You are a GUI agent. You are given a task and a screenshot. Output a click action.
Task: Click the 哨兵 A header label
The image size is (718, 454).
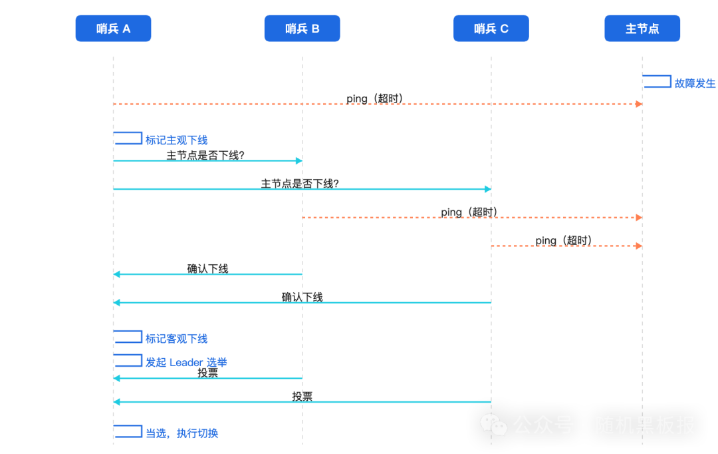click(x=114, y=29)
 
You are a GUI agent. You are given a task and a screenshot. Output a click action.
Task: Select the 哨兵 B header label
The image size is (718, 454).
click(x=302, y=29)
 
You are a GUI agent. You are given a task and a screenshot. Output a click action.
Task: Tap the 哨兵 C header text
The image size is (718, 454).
click(x=491, y=29)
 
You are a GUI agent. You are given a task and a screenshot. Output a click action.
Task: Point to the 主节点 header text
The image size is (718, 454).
click(x=642, y=29)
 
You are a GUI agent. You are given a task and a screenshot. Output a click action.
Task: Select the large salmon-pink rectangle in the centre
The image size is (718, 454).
click(x=372, y=260)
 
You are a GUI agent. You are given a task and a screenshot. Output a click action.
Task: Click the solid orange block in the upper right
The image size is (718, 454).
click(x=566, y=117)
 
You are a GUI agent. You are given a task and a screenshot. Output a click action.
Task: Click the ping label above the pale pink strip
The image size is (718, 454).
click(x=563, y=240)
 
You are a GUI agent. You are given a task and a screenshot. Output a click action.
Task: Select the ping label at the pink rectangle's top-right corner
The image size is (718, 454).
click(x=469, y=212)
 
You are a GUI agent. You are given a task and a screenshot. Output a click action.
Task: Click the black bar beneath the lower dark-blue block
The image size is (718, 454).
click(x=253, y=372)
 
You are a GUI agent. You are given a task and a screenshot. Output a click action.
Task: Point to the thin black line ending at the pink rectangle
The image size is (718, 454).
click(x=266, y=270)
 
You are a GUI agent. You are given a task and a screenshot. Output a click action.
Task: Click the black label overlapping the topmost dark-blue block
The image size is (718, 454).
click(x=205, y=155)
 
